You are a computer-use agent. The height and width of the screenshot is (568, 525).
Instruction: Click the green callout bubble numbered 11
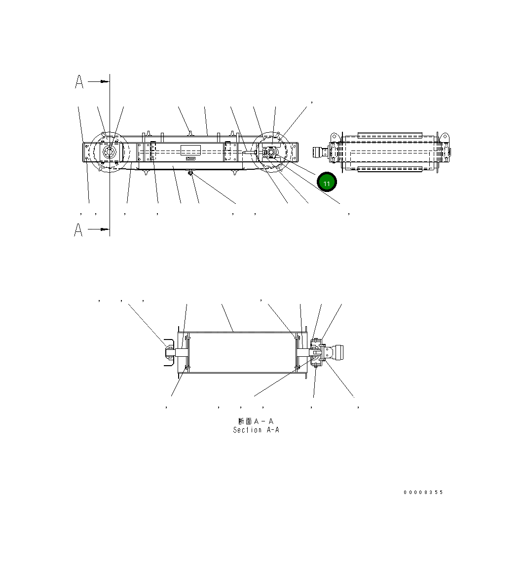pyautogui.click(x=326, y=182)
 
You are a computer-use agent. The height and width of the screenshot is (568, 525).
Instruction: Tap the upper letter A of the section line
pyautogui.click(x=79, y=82)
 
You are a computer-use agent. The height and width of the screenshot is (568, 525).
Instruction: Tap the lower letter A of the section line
pyautogui.click(x=78, y=229)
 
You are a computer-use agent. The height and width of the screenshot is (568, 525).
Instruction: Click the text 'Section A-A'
pyautogui.click(x=256, y=430)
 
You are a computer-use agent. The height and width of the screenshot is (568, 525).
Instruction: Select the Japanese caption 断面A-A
pyautogui.click(x=256, y=421)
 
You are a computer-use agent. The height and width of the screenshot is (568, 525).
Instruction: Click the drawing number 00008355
pyautogui.click(x=423, y=492)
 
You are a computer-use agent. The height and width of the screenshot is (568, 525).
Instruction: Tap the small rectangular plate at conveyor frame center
pyautogui.click(x=190, y=150)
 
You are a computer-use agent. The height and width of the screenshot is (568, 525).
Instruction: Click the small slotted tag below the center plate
pyautogui.click(x=190, y=159)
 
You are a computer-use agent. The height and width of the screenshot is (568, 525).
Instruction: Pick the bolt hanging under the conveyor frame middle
pyautogui.click(x=190, y=173)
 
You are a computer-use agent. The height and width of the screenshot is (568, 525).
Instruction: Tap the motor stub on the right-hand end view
pyautogui.click(x=320, y=152)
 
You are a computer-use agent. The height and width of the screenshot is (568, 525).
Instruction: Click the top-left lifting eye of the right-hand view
pyautogui.click(x=334, y=136)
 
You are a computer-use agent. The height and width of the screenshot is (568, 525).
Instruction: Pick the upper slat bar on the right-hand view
pyautogui.click(x=389, y=134)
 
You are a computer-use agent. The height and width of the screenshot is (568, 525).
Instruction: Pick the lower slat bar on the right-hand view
pyautogui.click(x=389, y=169)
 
